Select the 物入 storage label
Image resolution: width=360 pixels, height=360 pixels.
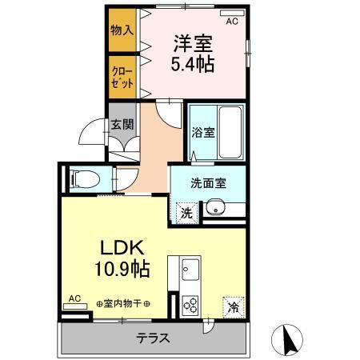pyautogui.click(x=122, y=30)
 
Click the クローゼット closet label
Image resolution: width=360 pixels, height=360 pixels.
pyautogui.click(x=122, y=76)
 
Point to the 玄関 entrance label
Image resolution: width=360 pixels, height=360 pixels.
pyautogui.click(x=122, y=125)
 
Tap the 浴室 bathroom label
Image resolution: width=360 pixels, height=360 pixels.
pyautogui.click(x=203, y=133)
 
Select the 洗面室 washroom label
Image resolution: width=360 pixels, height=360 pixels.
pyautogui.click(x=207, y=182)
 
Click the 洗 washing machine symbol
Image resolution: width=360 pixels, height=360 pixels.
pyautogui.click(x=185, y=213)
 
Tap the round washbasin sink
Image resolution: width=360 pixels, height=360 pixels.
pyautogui.click(x=213, y=210)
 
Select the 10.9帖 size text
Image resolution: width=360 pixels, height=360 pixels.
pyautogui.click(x=120, y=269)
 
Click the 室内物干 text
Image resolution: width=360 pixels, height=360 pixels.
pyautogui.click(x=124, y=303)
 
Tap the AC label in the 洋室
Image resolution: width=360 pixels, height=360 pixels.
pyautogui.click(x=232, y=22)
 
